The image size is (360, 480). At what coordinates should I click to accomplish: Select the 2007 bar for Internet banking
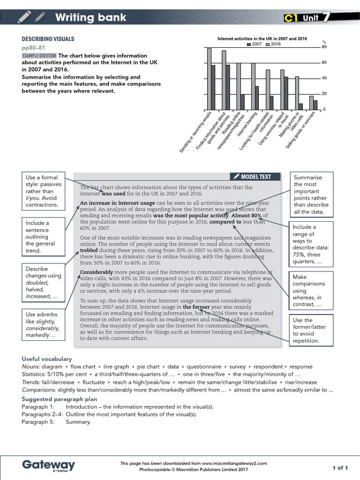tap(257, 98)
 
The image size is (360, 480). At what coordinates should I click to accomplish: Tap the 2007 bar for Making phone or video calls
tap(300, 107)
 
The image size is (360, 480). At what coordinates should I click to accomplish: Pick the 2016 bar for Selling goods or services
tap(311, 103)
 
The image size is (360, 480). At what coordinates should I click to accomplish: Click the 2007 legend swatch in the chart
tap(249, 44)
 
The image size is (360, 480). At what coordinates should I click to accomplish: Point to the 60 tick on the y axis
tap(323, 62)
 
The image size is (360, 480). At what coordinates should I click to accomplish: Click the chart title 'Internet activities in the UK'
tap(262, 38)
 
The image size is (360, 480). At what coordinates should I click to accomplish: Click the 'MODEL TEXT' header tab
tap(256, 177)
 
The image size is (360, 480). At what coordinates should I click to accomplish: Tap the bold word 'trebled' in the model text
tap(88, 250)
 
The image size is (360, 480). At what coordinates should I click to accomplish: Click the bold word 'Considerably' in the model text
tap(97, 272)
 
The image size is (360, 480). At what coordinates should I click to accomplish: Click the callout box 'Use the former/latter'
tap(311, 330)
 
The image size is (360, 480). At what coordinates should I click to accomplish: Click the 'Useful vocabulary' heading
tap(47, 359)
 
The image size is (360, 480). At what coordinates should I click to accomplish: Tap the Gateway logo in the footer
tap(48, 465)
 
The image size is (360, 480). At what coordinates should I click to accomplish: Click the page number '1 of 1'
tap(340, 467)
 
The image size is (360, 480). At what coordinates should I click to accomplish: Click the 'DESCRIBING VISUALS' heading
tap(48, 39)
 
